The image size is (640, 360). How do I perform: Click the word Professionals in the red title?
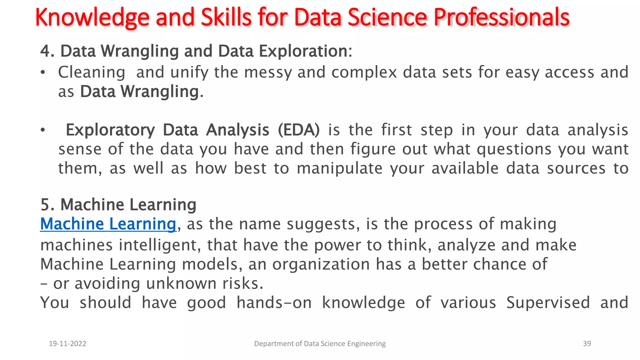[502, 17]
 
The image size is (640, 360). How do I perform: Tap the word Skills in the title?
[226, 17]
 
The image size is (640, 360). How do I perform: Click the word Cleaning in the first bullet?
[92, 72]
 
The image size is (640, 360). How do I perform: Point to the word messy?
[268, 72]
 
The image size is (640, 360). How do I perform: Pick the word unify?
[189, 72]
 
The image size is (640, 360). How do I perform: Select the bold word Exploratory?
[110, 130]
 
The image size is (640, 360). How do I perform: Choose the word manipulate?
[339, 168]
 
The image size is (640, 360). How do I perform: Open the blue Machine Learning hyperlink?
[108, 224]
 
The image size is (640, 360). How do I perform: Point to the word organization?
[321, 264]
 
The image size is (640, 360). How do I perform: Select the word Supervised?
[548, 302]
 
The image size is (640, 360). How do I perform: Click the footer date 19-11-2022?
[67, 343]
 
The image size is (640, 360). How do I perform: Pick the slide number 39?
[587, 343]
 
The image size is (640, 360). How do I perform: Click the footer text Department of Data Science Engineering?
[320, 343]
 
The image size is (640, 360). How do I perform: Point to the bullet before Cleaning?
[43, 73]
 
